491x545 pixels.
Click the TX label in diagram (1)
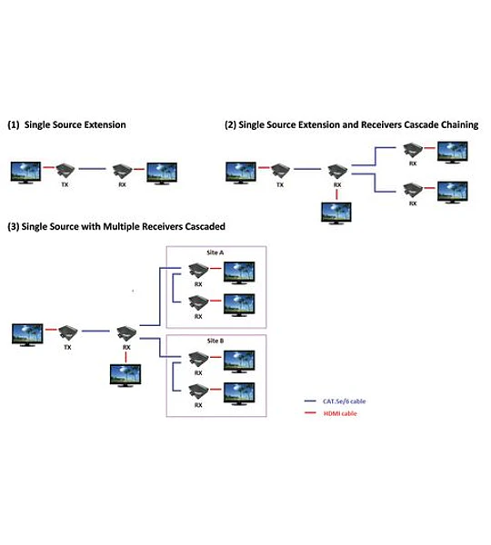(65, 184)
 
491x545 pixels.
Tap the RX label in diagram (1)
(122, 184)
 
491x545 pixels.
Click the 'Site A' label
(215, 253)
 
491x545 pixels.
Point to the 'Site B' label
(215, 341)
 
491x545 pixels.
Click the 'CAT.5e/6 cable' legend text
(344, 401)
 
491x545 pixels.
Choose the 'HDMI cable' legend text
(340, 413)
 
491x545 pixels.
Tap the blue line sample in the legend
(310, 401)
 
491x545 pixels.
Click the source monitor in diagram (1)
(25, 173)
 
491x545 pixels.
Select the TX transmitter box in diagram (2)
(280, 171)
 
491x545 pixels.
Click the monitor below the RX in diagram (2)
(336, 213)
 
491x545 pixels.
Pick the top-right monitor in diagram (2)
(453, 153)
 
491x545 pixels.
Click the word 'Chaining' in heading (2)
(460, 124)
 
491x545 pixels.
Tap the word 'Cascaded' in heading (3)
(205, 226)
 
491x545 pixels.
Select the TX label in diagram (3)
(67, 347)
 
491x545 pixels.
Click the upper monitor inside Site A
(239, 272)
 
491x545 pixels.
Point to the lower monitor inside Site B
(239, 394)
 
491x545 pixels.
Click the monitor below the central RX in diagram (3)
(125, 375)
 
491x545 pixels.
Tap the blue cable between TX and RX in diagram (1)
(92, 169)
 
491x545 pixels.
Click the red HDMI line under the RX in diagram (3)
(125, 357)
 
